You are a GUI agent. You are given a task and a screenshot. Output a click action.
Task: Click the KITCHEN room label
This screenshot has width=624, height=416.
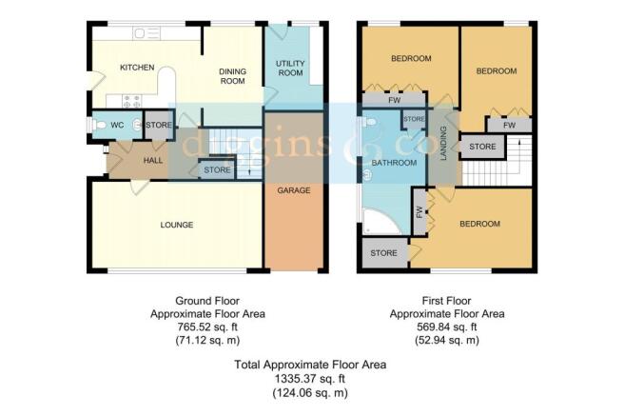137,68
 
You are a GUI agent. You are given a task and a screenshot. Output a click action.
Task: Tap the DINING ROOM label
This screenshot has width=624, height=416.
233,76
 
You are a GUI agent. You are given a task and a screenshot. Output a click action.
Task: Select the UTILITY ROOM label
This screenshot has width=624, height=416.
290,69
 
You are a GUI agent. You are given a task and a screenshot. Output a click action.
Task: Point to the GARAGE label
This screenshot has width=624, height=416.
294,190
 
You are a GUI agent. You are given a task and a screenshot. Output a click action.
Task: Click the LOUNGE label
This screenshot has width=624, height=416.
177,225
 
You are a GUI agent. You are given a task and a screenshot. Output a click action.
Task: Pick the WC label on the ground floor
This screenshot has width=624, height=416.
117,125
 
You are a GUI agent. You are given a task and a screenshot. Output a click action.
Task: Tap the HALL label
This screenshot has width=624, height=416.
153,161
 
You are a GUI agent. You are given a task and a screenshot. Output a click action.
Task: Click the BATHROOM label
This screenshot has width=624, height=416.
394,163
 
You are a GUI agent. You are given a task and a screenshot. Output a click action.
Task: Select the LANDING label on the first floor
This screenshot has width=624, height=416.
443,144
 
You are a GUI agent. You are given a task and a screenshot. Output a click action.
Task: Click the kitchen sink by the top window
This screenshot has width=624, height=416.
146,33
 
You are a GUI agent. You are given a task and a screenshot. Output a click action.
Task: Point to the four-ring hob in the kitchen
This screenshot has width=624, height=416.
131,101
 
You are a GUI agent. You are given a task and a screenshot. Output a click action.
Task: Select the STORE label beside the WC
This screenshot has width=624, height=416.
159,125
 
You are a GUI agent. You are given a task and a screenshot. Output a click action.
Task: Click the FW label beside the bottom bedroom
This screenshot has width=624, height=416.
419,211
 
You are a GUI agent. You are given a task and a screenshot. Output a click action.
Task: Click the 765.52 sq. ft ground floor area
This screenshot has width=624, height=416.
207,327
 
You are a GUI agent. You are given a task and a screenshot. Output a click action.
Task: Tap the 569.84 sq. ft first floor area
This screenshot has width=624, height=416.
446,327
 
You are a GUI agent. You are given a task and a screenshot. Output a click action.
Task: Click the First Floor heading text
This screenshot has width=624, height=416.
446,301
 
